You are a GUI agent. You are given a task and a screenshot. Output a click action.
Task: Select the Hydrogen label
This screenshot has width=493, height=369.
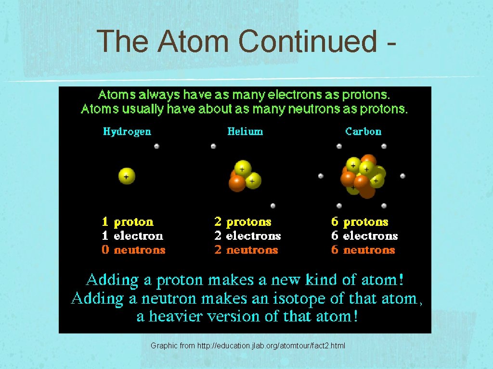pyautogui.click(x=127, y=132)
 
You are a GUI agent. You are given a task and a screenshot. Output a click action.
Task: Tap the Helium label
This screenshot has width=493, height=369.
pyautogui.click(x=245, y=132)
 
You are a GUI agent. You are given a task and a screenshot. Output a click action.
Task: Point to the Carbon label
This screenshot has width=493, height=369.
pyautogui.click(x=363, y=132)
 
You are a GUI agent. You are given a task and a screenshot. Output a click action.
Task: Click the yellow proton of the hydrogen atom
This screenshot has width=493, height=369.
pyautogui.click(x=127, y=176)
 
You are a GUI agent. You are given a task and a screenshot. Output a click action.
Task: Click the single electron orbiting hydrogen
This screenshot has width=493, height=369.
pyautogui.click(x=156, y=146)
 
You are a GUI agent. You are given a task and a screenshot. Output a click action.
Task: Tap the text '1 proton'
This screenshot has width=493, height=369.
pyautogui.click(x=128, y=222)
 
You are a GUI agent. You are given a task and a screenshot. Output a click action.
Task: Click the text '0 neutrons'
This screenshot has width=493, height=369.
pyautogui.click(x=133, y=250)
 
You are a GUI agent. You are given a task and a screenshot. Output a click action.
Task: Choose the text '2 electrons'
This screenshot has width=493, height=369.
pyautogui.click(x=247, y=236)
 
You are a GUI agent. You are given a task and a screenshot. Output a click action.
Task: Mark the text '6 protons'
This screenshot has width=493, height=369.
pyautogui.click(x=360, y=222)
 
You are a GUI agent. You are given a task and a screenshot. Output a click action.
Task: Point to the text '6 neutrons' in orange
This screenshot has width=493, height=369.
pyautogui.click(x=363, y=250)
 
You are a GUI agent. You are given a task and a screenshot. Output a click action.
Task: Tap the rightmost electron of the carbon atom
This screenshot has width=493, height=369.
pyautogui.click(x=402, y=176)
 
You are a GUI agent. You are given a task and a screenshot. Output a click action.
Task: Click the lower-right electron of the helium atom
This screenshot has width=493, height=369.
pyautogui.click(x=273, y=206)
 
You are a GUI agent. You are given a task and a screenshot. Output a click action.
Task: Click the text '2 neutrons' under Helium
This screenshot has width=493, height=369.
pyautogui.click(x=246, y=250)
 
